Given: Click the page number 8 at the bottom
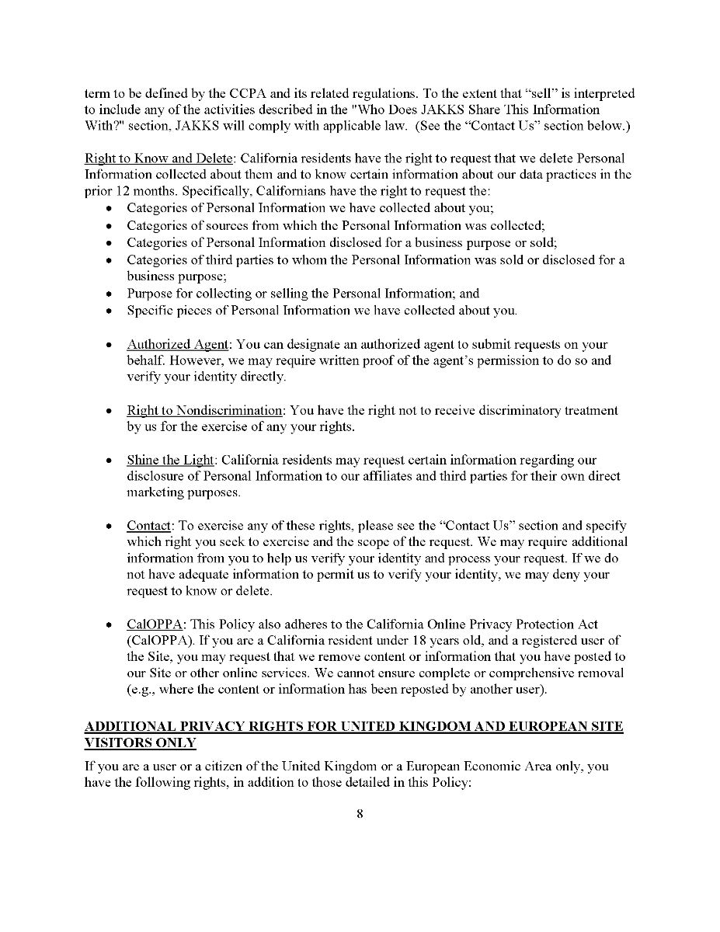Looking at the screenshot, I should (360, 814).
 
